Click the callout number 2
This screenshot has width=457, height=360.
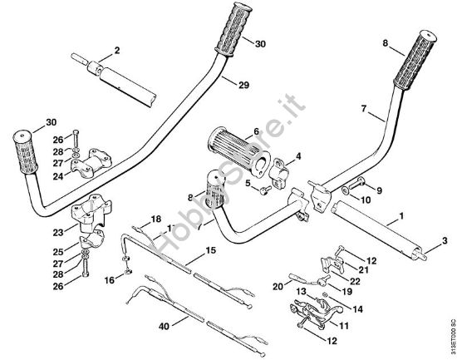[117, 51]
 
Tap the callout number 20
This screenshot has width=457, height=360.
[278, 285]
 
